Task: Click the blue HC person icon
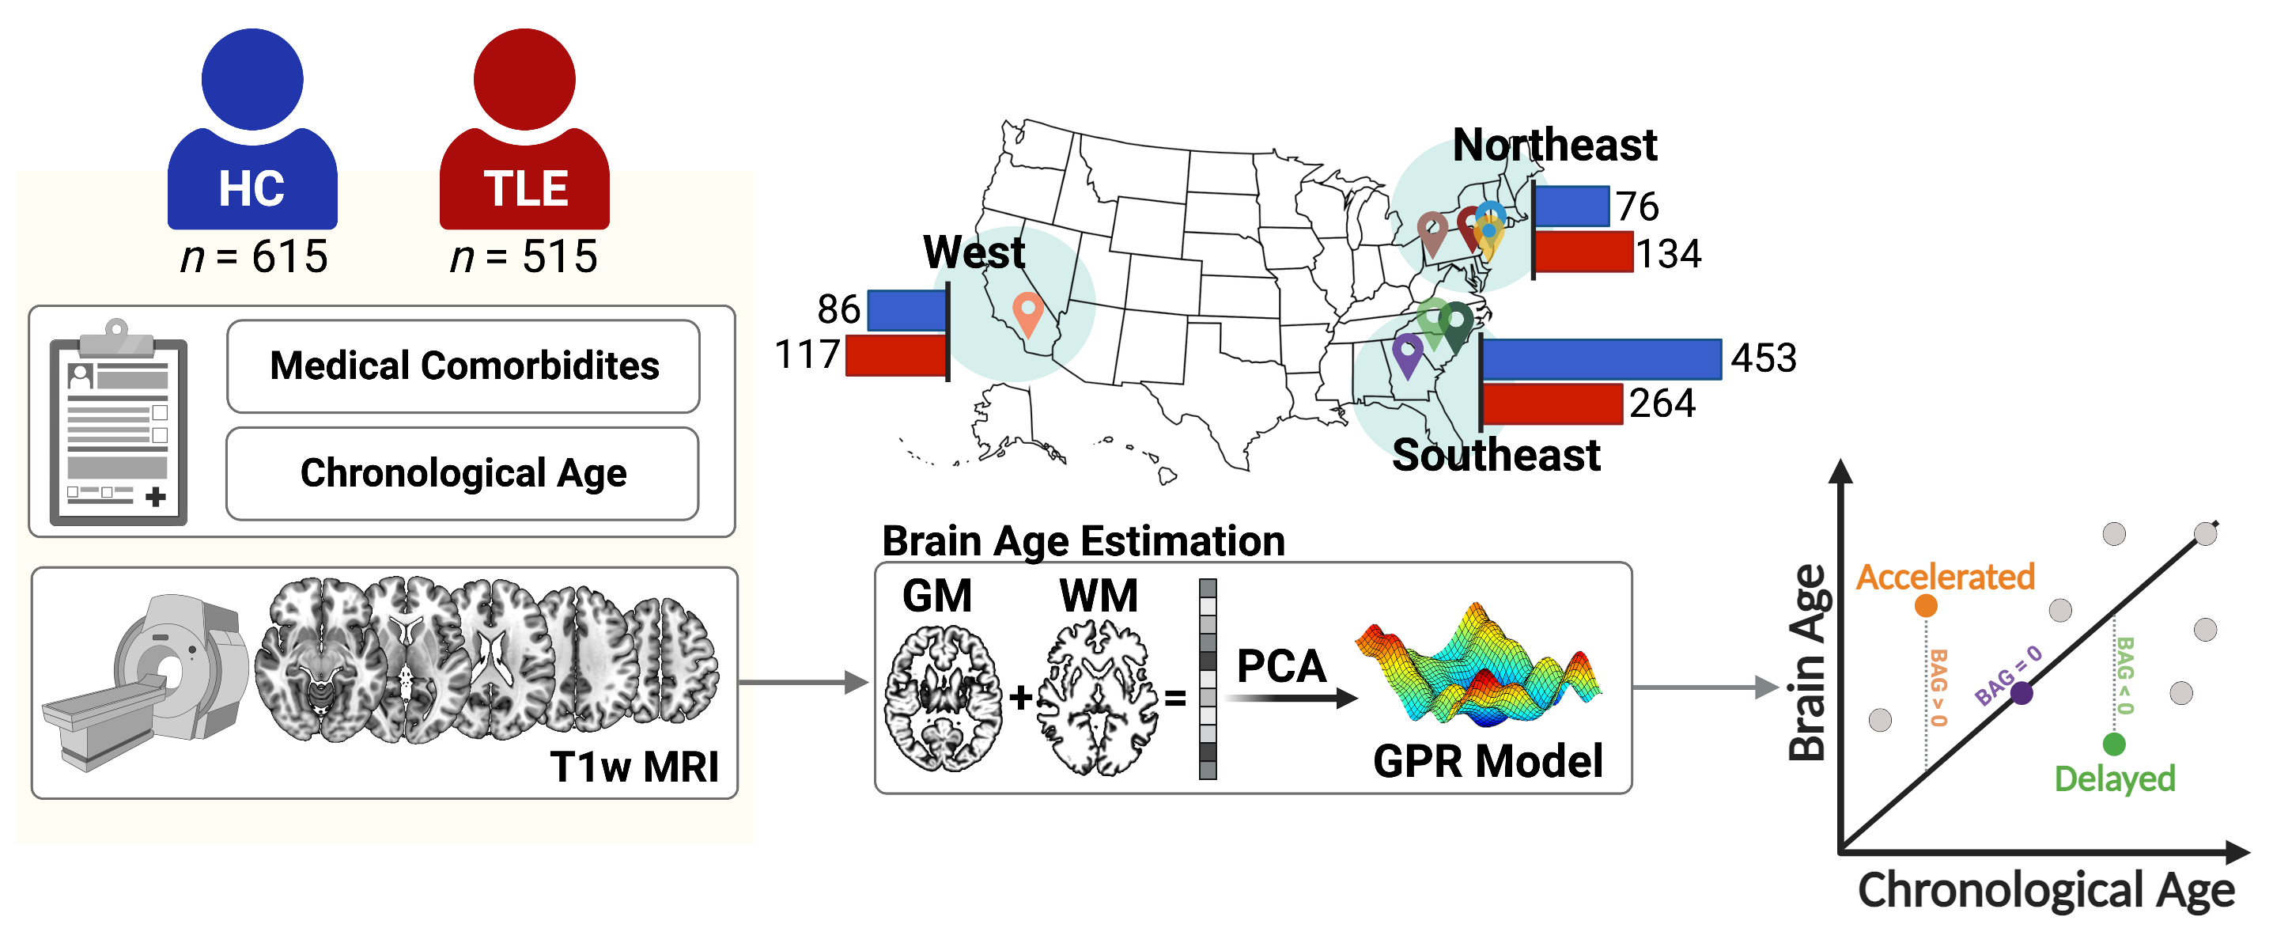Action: click(x=253, y=134)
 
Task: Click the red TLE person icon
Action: click(x=525, y=134)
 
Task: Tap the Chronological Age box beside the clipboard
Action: click(x=463, y=473)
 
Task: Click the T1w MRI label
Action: click(x=634, y=767)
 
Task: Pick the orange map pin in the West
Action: click(x=1027, y=312)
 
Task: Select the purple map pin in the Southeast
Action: click(x=1408, y=353)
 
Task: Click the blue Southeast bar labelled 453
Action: click(x=1602, y=359)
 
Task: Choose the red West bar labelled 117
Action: click(x=896, y=356)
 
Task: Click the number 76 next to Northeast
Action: click(x=1638, y=206)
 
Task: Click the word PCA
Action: click(x=1281, y=667)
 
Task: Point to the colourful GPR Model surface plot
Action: click(x=1477, y=668)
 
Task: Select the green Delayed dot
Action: click(x=2115, y=744)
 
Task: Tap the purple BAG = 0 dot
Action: click(x=2022, y=693)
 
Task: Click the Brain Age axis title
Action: click(x=1807, y=663)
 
